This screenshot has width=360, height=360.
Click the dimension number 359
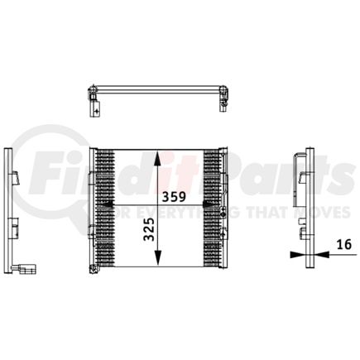(174, 199)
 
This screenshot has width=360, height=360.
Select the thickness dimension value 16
(343, 244)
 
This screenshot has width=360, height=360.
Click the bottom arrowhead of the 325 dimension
(159, 262)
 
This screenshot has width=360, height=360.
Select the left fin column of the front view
(103, 209)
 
